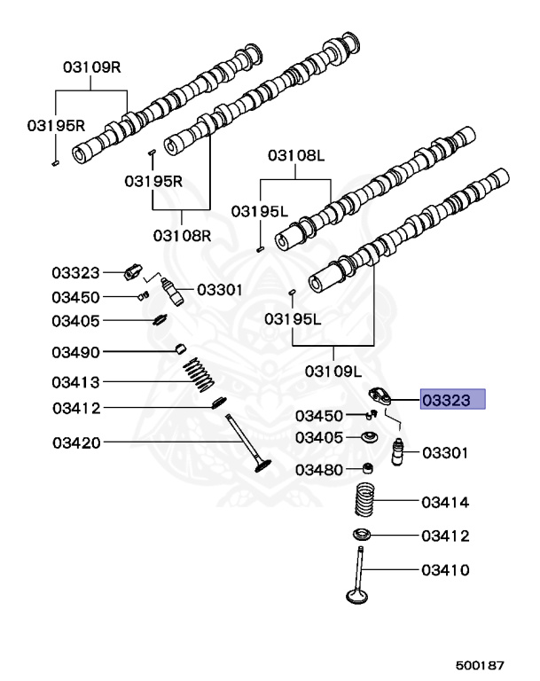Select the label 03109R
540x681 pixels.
91,67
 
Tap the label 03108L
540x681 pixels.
296,155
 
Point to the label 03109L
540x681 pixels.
333,372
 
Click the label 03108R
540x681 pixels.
182,236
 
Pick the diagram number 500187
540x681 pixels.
480,665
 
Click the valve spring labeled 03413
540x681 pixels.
199,374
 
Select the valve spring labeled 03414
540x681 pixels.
364,499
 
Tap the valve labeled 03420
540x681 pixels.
248,443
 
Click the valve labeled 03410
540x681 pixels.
359,575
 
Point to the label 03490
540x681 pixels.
75,352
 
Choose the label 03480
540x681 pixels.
319,470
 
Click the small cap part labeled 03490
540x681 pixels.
181,348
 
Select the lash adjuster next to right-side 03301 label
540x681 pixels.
397,452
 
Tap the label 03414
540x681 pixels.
445,503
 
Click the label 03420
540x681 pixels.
76,443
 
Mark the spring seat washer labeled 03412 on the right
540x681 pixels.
362,535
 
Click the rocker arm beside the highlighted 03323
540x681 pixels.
380,396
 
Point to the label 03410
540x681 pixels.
445,570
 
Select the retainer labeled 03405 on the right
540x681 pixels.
369,436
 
